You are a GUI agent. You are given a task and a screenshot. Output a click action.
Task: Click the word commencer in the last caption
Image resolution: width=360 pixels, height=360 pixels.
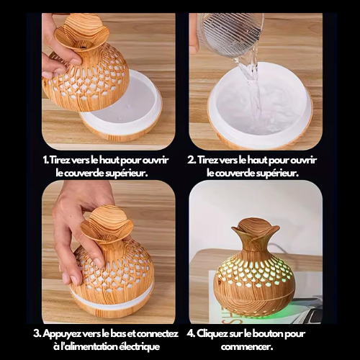[x=247, y=347]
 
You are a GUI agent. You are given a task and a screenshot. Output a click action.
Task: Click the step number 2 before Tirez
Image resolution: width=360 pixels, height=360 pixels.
[x=191, y=160]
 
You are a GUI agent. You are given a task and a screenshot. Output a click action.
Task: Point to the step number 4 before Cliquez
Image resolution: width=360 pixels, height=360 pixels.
[x=191, y=334]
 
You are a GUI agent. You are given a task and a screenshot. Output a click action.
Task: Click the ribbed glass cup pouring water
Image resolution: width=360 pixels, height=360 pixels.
[x=230, y=33]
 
